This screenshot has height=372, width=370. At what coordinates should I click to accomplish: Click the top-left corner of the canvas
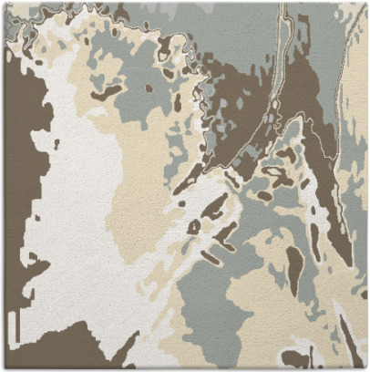(x=3, y=3)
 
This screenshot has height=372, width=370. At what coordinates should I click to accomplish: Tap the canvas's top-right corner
(x=366, y=3)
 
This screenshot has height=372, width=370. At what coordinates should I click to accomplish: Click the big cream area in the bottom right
(x=264, y=310)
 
